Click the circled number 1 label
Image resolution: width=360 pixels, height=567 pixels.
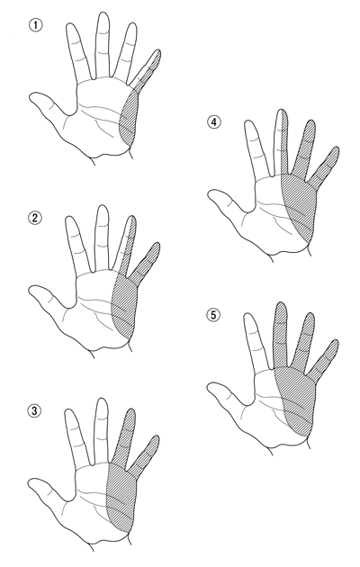[35, 25]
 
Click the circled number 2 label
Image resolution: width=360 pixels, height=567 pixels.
[35, 218]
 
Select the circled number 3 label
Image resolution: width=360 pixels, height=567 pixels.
[34, 410]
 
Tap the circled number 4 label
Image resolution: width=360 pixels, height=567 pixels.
[213, 122]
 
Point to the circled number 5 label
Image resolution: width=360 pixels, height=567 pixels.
[213, 315]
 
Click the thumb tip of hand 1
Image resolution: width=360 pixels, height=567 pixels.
[31, 97]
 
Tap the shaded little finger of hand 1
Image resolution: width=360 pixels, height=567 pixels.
[148, 69]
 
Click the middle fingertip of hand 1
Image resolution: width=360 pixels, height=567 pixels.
[103, 15]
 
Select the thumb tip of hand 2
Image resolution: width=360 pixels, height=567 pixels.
[31, 290]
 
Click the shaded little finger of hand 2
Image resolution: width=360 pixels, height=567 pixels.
[146, 262]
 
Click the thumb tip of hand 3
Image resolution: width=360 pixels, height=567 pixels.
[31, 482]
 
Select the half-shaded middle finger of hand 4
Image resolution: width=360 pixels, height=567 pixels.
[281, 142]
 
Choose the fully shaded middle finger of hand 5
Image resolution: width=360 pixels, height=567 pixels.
[281, 335]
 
